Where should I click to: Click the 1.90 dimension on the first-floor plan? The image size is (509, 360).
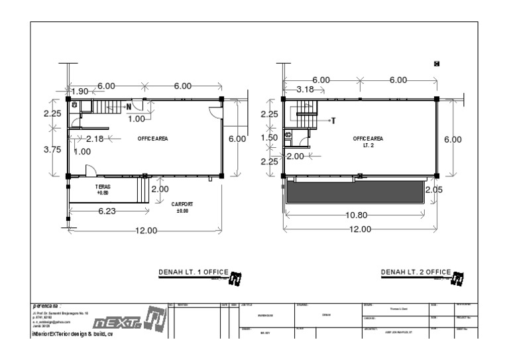80,91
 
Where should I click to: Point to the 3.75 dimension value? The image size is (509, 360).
52,150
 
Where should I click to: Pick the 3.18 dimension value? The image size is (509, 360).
306,90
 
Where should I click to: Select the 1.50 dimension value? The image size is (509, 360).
269,138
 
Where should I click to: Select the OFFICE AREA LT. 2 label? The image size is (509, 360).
368,141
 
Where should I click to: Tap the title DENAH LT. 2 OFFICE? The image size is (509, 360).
416,272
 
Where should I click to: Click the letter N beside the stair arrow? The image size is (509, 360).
129,106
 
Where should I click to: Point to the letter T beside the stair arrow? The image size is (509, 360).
333,121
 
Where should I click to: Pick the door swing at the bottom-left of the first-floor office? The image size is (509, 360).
93,169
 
